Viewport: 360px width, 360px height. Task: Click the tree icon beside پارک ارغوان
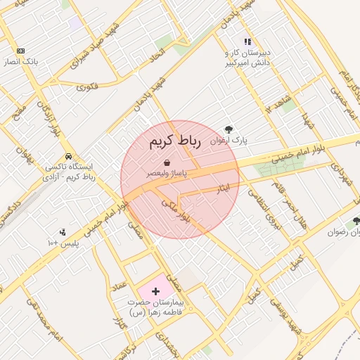pos(229,129)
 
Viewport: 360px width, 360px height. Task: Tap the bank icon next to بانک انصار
pos(20,51)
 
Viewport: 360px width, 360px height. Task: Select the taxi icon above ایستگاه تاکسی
pos(68,156)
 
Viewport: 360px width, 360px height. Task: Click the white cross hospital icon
pos(155,290)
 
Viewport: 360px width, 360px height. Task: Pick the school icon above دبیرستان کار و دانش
pos(247,42)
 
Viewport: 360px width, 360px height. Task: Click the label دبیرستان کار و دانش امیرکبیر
pos(247,58)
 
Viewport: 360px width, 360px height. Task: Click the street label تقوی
pos(88,87)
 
